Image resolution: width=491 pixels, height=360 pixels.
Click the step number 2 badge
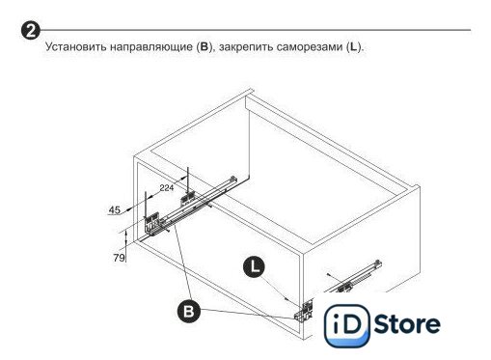31,31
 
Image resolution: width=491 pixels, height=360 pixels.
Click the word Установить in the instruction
75,47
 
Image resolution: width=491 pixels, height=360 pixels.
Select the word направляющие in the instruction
151,47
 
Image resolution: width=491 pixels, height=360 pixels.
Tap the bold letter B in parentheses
205,47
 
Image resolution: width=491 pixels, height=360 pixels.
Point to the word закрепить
245,47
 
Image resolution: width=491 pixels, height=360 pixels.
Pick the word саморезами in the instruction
310,47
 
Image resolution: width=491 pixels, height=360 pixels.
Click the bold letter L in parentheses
353,47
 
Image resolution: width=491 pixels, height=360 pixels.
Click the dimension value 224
167,187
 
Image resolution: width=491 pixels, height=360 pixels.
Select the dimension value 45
115,210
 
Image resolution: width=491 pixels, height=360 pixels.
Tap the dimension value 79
119,258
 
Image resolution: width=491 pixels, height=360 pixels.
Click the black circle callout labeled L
254,267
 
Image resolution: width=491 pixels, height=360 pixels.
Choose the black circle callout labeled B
189,311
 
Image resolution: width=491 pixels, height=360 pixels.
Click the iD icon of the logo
346,325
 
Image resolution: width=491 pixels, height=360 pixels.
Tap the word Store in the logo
407,324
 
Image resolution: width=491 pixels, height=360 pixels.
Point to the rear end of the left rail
233,180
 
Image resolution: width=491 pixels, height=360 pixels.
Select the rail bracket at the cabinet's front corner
303,311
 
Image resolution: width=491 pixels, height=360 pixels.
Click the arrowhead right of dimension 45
128,209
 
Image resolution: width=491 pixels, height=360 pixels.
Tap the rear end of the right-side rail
378,263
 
